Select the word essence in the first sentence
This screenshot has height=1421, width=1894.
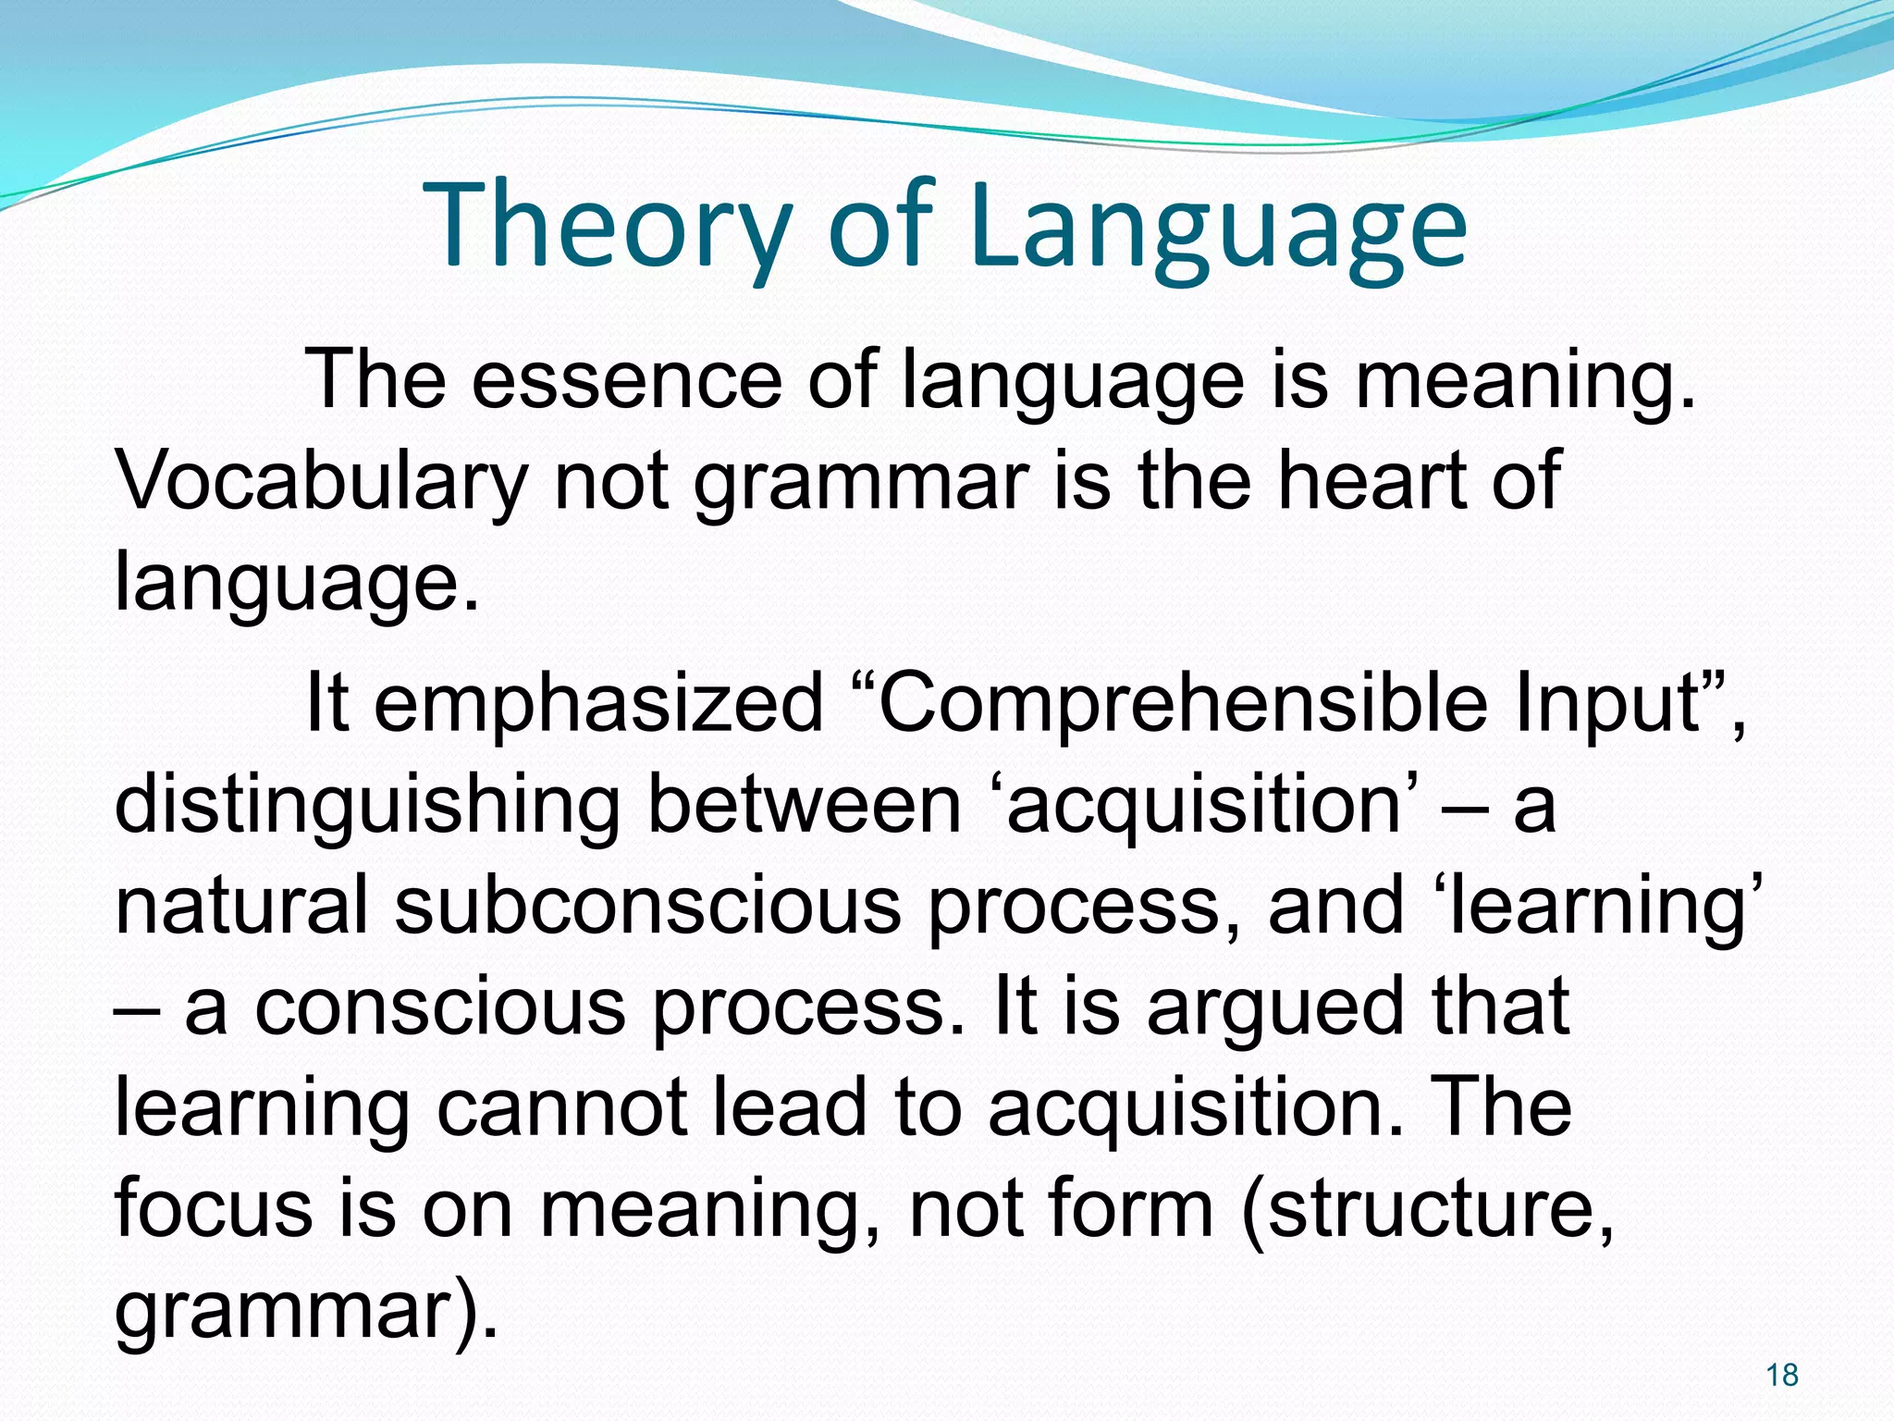click(x=627, y=378)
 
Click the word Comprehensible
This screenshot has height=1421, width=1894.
click(x=1183, y=702)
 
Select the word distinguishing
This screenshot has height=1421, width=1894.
click(x=366, y=804)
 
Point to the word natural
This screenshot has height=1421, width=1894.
click(x=241, y=906)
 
